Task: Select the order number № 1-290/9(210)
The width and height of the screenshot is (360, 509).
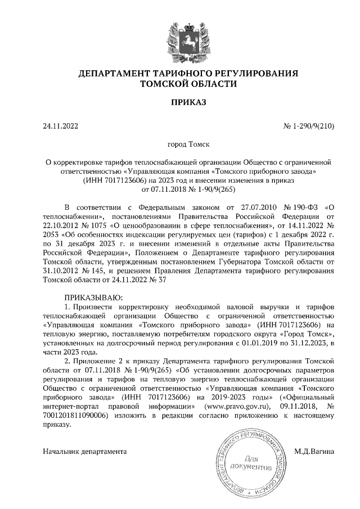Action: click(308, 127)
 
